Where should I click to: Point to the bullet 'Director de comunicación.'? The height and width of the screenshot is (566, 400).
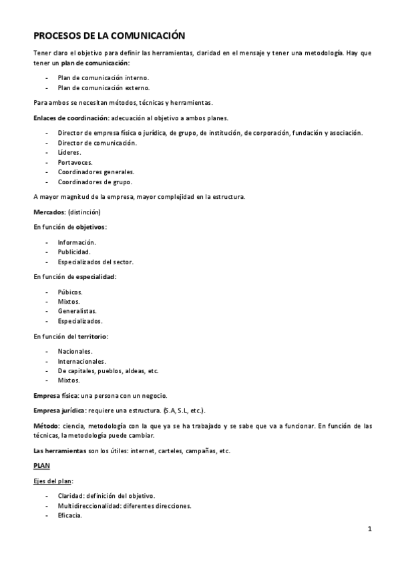point(97,143)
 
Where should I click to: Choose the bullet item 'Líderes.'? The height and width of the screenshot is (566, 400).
point(70,152)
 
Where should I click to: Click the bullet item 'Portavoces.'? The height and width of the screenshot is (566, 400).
point(75,162)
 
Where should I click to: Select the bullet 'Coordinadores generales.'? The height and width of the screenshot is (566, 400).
point(95,172)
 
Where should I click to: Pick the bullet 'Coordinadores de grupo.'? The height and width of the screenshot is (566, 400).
point(95,182)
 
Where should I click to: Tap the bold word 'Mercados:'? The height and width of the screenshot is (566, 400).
point(49,212)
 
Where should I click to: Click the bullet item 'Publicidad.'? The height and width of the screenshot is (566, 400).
point(74,252)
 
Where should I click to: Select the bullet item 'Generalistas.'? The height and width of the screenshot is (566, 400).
point(77,311)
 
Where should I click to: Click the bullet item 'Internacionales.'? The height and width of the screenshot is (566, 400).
point(81,361)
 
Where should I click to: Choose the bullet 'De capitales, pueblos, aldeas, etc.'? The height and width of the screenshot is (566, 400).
point(108,370)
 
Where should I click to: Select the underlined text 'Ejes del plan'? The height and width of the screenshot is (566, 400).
point(53,481)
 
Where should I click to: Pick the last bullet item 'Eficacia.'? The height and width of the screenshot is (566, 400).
point(69,515)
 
